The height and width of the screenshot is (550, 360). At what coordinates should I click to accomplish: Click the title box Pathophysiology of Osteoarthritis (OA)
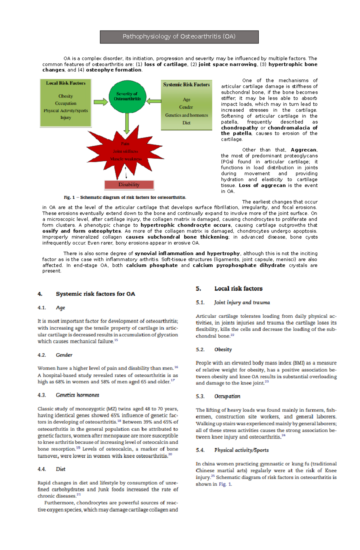[179, 37]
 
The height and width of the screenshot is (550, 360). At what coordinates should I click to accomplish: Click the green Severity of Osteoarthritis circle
[127, 96]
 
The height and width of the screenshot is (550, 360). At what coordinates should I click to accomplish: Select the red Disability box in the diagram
[129, 185]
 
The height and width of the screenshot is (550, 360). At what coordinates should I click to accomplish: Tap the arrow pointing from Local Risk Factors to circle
[100, 102]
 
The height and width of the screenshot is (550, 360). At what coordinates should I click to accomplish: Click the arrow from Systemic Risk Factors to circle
[154, 101]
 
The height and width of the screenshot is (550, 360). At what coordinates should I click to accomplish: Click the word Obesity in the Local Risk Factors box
[65, 96]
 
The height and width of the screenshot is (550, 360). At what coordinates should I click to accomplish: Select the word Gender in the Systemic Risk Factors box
[186, 107]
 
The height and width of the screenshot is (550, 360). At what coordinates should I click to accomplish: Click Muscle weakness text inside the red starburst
[126, 159]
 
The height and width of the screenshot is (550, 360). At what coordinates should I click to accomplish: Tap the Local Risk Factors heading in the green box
[66, 83]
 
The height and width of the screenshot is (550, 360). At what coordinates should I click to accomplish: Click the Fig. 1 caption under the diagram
[125, 198]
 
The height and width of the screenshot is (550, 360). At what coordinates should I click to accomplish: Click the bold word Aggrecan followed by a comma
[304, 150]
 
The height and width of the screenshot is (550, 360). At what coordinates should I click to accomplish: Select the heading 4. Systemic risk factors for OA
[86, 294]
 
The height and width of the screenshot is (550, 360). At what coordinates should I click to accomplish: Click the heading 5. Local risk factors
[229, 289]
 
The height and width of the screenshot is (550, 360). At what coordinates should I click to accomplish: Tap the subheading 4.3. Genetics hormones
[68, 395]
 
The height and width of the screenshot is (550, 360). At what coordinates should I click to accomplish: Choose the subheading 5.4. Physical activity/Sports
[232, 450]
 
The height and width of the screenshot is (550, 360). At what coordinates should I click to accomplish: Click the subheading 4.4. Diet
[52, 469]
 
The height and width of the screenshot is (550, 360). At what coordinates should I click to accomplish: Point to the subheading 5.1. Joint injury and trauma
[233, 302]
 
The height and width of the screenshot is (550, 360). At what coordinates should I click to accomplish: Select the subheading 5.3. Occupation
[218, 396]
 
